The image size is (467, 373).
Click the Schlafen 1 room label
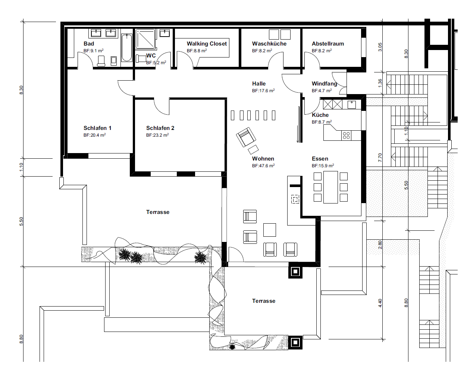coord(97,128)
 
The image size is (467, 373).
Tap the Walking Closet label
coord(207,44)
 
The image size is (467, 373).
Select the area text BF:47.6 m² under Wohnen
coord(263,165)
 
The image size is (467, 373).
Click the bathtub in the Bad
coord(126,47)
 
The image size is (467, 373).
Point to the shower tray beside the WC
coord(145,39)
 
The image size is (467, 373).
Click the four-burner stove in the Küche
coord(346,136)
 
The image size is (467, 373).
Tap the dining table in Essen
coord(330,187)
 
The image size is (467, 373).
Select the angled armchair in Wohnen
coord(246,137)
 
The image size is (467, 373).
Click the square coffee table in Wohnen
coord(270,230)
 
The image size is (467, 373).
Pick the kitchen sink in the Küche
coord(351,105)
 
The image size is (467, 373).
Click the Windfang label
coord(325,84)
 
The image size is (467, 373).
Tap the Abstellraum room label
coord(327,44)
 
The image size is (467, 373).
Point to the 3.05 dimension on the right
coord(380,47)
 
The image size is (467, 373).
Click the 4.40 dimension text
coord(380,303)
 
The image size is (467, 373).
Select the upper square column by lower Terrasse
coord(295,271)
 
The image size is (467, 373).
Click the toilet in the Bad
coord(101,61)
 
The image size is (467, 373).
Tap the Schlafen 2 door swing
coord(162,106)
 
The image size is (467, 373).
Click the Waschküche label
coord(269,44)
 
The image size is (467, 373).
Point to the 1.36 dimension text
coord(380,83)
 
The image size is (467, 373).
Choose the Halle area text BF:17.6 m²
coord(263,91)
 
